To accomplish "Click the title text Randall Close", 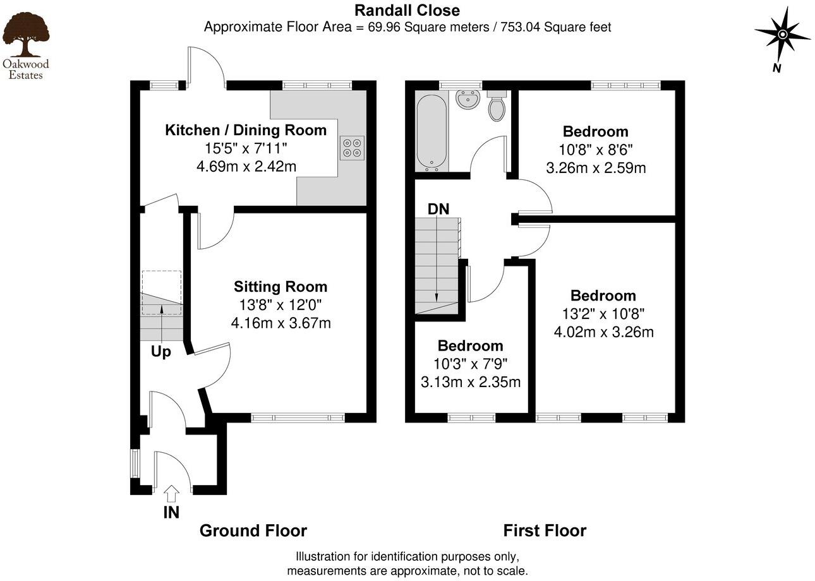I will tap(407, 10).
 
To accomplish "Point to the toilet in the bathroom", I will tap(497, 107).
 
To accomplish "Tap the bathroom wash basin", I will tap(468, 99).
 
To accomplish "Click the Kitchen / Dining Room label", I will tap(246, 130).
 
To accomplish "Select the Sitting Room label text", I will tap(281, 286).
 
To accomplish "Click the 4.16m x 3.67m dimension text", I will tap(281, 323).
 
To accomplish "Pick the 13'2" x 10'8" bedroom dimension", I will tap(603, 313).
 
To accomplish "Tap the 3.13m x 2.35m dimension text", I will tap(470, 382).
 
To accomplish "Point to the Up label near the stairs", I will tap(160, 352).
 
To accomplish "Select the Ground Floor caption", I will tap(253, 530).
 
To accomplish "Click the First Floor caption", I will tap(545, 530).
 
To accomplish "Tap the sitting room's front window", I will tap(298, 417).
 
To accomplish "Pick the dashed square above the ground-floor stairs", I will tap(162, 292).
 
